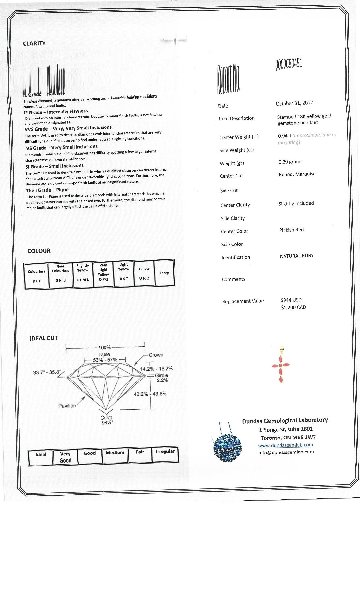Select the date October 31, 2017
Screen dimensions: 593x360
[x=294, y=103]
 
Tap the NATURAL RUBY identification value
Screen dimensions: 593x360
[x=296, y=256]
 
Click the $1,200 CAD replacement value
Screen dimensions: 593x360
[x=293, y=307]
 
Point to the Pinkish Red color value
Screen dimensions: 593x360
[x=291, y=230]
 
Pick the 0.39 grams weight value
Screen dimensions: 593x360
[x=290, y=162]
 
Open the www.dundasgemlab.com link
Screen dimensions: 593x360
[x=285, y=445]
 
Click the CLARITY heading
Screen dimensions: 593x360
[x=34, y=43]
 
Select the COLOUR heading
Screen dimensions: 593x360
[x=39, y=251]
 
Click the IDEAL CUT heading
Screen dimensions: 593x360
[x=44, y=338]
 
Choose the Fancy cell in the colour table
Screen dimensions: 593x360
[x=164, y=273]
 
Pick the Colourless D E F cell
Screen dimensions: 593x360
[x=36, y=276]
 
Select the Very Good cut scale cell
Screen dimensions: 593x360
[x=65, y=457]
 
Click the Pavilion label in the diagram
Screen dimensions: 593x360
[x=67, y=406]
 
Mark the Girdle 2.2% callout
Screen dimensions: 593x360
[x=162, y=378]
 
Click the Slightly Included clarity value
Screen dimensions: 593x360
[x=296, y=203]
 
